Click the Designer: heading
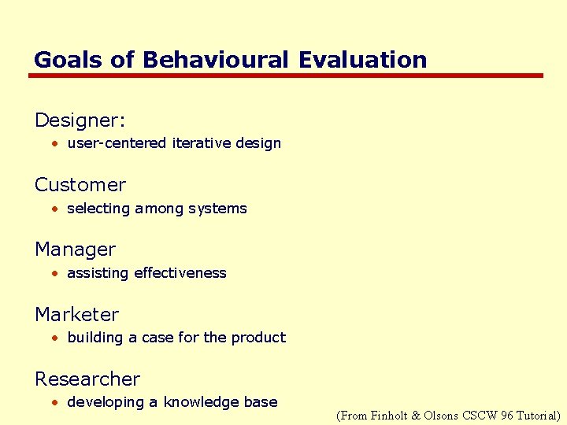pyautogui.click(x=80, y=120)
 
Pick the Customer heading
pyautogui.click(x=80, y=185)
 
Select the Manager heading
pyautogui.click(x=75, y=249)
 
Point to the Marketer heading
pyautogui.click(x=76, y=314)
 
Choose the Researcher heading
pyautogui.click(x=87, y=379)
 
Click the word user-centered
pyautogui.click(x=117, y=143)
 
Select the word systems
pyautogui.click(x=219, y=209)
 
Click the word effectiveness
pyautogui.click(x=180, y=273)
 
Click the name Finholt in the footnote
pyautogui.click(x=390, y=415)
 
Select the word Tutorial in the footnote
pyautogui.click(x=537, y=415)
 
